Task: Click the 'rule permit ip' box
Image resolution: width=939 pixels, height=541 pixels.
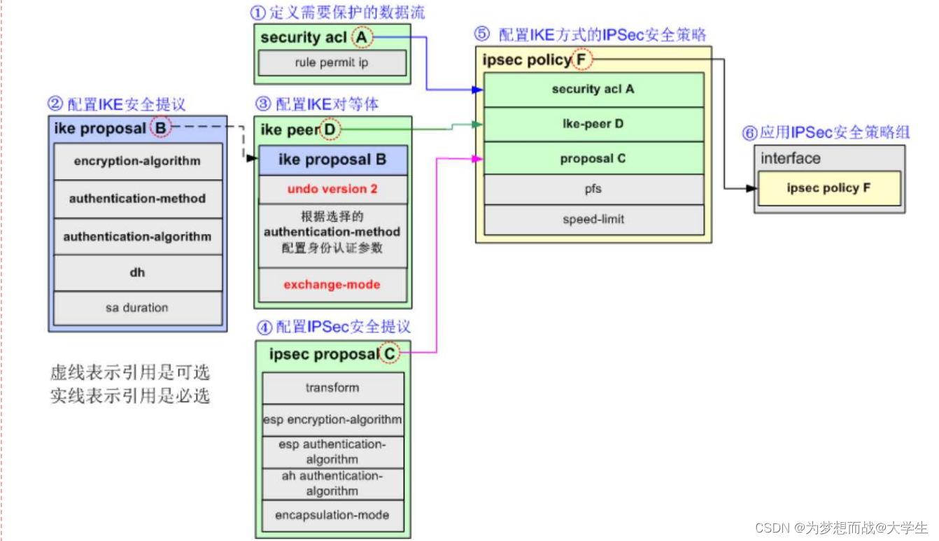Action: (332, 63)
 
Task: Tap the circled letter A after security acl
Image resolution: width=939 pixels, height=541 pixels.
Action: (362, 37)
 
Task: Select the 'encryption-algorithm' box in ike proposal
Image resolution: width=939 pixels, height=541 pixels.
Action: (137, 161)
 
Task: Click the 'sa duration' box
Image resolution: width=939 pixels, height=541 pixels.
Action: (137, 308)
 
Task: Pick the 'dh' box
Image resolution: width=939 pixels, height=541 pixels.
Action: (137, 272)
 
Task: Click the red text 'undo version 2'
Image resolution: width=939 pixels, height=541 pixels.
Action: (332, 189)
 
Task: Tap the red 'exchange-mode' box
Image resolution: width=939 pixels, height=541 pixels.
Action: (332, 285)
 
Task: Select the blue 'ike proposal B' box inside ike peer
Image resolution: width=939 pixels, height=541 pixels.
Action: (332, 160)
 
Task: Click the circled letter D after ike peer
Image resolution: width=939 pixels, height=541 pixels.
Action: (330, 129)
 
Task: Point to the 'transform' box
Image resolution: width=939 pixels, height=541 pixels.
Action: (332, 388)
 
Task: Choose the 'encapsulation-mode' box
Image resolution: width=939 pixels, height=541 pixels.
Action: (332, 515)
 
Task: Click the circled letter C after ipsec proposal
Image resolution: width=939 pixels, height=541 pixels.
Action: (389, 354)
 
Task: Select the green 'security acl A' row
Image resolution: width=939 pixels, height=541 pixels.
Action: (593, 90)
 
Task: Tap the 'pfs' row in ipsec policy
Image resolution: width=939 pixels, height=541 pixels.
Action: (593, 188)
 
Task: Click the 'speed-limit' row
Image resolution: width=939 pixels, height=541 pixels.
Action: (593, 220)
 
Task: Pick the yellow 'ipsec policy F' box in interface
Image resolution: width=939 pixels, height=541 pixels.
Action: (828, 188)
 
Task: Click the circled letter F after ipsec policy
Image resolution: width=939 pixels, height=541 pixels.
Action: (581, 60)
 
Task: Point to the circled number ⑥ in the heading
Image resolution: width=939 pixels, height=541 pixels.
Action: (750, 133)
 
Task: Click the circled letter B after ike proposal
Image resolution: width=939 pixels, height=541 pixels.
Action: (161, 129)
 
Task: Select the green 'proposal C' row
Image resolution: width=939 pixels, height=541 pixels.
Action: (593, 159)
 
